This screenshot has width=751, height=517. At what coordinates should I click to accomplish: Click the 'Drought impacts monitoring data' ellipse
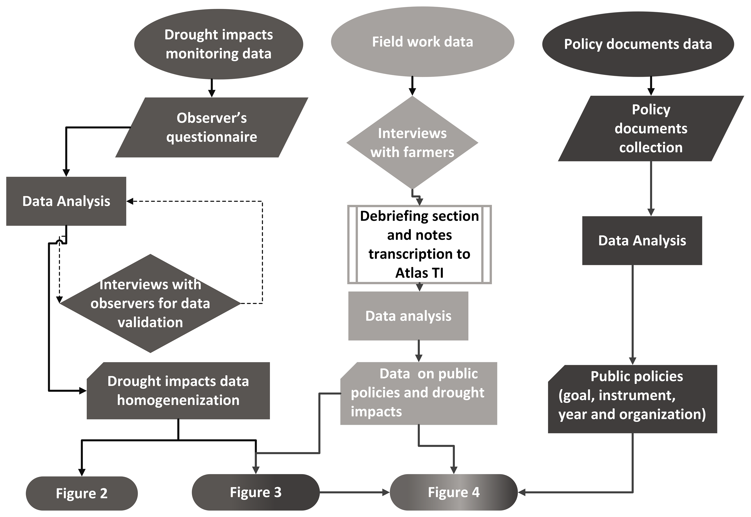coord(219,44)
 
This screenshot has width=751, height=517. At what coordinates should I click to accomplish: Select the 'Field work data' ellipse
coord(422,42)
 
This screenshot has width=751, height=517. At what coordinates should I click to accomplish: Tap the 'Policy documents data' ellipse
coord(638,44)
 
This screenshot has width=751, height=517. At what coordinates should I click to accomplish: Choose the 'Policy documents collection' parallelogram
coord(651,128)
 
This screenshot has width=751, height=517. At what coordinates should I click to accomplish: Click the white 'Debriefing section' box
coord(419,245)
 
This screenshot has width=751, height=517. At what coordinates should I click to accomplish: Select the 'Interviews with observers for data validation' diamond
coord(150,303)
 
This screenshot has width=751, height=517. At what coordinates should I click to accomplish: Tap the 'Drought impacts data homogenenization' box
coord(178,391)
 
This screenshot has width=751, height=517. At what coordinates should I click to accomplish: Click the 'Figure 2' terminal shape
coord(82,493)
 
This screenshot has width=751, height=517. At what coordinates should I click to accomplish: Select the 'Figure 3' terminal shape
coord(256,492)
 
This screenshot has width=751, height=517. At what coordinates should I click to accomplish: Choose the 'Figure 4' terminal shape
coord(454,492)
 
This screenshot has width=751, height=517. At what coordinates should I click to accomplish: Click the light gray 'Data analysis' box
coord(408,316)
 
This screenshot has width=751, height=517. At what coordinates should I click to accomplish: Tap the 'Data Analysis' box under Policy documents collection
coord(642,241)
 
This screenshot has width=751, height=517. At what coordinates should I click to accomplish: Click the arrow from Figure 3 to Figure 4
coord(355,492)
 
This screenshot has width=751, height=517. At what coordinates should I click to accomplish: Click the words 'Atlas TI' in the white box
coord(419,273)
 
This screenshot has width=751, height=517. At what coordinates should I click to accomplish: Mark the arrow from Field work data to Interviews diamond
coord(412,86)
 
